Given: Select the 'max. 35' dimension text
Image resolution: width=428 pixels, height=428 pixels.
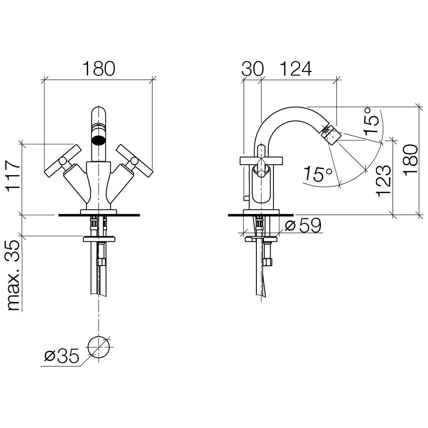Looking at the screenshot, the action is [13, 275].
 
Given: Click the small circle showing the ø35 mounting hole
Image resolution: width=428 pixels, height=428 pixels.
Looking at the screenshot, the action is [99, 347].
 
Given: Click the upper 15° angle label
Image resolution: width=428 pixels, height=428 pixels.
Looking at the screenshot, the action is [372, 120].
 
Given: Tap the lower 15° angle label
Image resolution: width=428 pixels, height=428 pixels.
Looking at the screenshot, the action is [317, 174].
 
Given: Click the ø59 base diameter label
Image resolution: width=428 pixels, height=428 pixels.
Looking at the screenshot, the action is [303, 226].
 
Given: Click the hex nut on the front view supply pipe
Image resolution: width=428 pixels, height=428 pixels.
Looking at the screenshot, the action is [101, 262].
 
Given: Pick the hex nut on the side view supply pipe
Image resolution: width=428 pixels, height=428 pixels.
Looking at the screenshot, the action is [268, 262].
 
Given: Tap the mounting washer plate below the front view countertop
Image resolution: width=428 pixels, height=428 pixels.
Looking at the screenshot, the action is [99, 239].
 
